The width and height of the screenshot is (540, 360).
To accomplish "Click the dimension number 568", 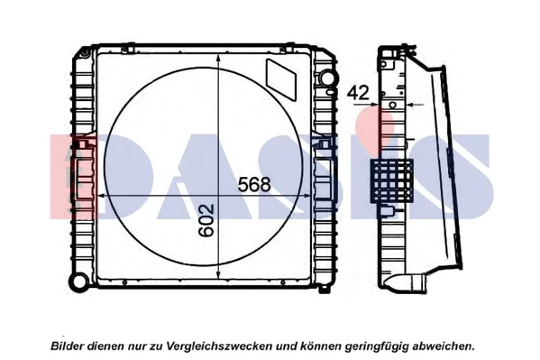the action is coord(254,184).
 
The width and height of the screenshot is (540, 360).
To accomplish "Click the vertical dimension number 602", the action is coord(206,220).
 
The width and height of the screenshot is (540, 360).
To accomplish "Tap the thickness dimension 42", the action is coord(358,92).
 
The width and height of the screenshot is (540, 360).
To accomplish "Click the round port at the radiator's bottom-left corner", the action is coord(78,281).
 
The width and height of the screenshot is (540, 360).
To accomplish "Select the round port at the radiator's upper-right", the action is coord(327,78).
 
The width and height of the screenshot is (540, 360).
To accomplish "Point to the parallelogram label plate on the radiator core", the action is coord(281,79).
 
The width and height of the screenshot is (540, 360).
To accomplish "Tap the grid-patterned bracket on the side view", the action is coord(392,180).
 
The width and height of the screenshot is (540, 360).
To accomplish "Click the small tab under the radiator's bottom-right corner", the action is coord(324,289).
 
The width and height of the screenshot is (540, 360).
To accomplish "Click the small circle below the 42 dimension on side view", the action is coord(392,105).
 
